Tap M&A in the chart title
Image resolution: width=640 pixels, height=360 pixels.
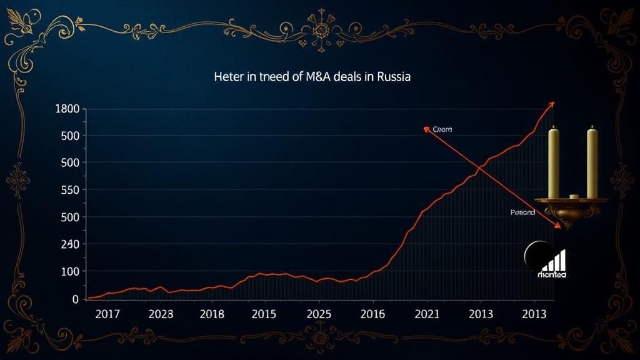pos(317,79)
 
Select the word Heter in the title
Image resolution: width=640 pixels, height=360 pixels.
pos(227,79)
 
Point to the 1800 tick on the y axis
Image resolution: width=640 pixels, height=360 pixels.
pos(67,109)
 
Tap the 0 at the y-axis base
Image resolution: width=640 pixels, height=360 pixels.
pos(75,299)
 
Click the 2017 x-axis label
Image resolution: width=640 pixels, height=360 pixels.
pos(107,313)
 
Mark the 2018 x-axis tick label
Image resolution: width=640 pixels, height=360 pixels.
pos(211,313)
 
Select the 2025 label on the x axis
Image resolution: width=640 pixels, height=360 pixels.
pos(319,313)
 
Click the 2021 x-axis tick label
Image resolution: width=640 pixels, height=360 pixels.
pos(427,313)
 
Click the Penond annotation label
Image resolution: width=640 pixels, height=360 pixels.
pos(522,212)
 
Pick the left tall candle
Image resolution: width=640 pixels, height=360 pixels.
pos(553,162)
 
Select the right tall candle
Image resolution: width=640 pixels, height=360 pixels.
pos(592,162)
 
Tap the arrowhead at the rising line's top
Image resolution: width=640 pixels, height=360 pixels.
pos(551,104)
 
